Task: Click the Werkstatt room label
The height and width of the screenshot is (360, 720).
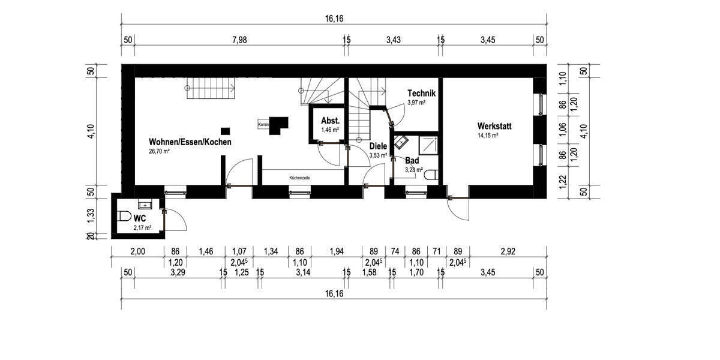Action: click(x=497, y=126)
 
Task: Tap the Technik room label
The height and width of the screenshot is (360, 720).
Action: click(x=421, y=94)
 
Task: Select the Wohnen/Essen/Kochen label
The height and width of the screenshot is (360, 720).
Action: click(x=190, y=142)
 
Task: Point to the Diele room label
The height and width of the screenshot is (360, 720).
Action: click(x=378, y=146)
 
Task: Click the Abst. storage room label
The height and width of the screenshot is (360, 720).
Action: click(x=331, y=120)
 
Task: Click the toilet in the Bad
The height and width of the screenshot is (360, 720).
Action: click(x=433, y=175)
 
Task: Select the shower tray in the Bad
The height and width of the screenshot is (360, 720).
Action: click(x=429, y=145)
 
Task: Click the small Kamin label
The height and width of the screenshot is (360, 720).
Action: click(x=263, y=124)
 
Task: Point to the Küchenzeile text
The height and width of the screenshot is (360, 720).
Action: click(x=300, y=178)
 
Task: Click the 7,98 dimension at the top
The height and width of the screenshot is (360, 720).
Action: click(x=239, y=40)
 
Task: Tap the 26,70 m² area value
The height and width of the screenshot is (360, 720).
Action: click(x=160, y=152)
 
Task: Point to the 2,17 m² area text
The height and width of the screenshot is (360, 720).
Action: click(x=142, y=228)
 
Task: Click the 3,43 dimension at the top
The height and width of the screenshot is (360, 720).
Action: click(x=393, y=40)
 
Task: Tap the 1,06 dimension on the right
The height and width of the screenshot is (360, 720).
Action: click(x=563, y=130)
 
